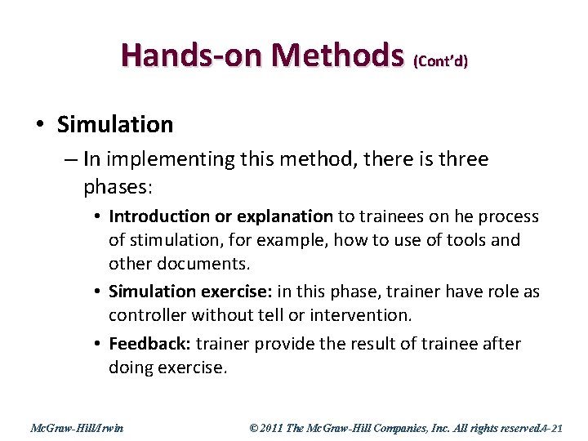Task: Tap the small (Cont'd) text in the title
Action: (x=441, y=61)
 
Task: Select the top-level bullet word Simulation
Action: (x=115, y=124)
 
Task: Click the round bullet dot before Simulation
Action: (x=40, y=125)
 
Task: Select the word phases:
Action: (x=118, y=187)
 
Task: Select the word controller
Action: (x=145, y=314)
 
